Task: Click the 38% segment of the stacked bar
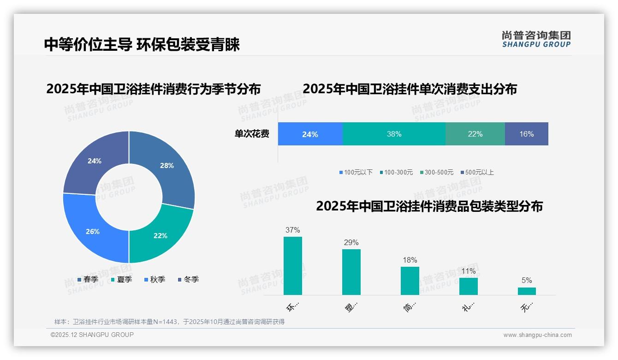pos(394,134)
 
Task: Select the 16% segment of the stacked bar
pos(526,134)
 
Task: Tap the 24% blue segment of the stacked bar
pos(310,134)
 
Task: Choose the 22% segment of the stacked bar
pos(475,134)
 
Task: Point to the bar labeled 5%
pos(527,291)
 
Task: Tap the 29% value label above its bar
pos(351,243)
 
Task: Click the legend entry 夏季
pos(124,280)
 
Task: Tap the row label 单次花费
pos(252,134)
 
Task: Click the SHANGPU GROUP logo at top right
pos(536,39)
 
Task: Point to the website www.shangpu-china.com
pos(537,335)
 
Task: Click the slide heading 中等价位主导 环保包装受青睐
pos(142,45)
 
